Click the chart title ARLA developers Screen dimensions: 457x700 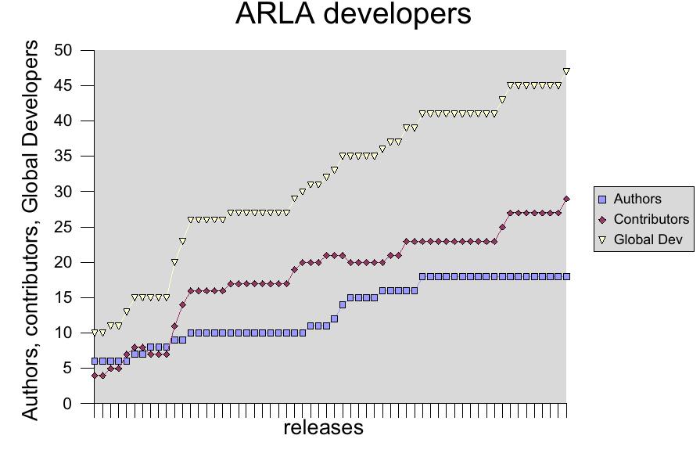(354, 15)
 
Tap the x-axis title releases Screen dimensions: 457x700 (323, 427)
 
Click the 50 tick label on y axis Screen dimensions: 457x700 (63, 51)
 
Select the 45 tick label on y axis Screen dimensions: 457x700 (63, 86)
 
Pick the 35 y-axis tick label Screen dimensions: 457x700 (63, 157)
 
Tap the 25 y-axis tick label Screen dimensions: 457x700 (63, 228)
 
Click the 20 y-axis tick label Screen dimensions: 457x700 (63, 263)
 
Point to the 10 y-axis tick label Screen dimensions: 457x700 (63, 333)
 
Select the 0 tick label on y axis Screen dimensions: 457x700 (68, 404)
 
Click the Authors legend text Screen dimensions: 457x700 (637, 199)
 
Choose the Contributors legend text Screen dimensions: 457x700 (652, 219)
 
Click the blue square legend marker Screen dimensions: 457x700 (602, 199)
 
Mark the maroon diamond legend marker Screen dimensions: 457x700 (602, 219)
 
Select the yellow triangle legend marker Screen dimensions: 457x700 (602, 239)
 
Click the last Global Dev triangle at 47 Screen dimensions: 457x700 (566, 71)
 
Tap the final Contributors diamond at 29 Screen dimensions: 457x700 (566, 199)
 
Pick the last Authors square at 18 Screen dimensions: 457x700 (566, 276)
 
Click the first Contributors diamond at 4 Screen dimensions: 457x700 (95, 376)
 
